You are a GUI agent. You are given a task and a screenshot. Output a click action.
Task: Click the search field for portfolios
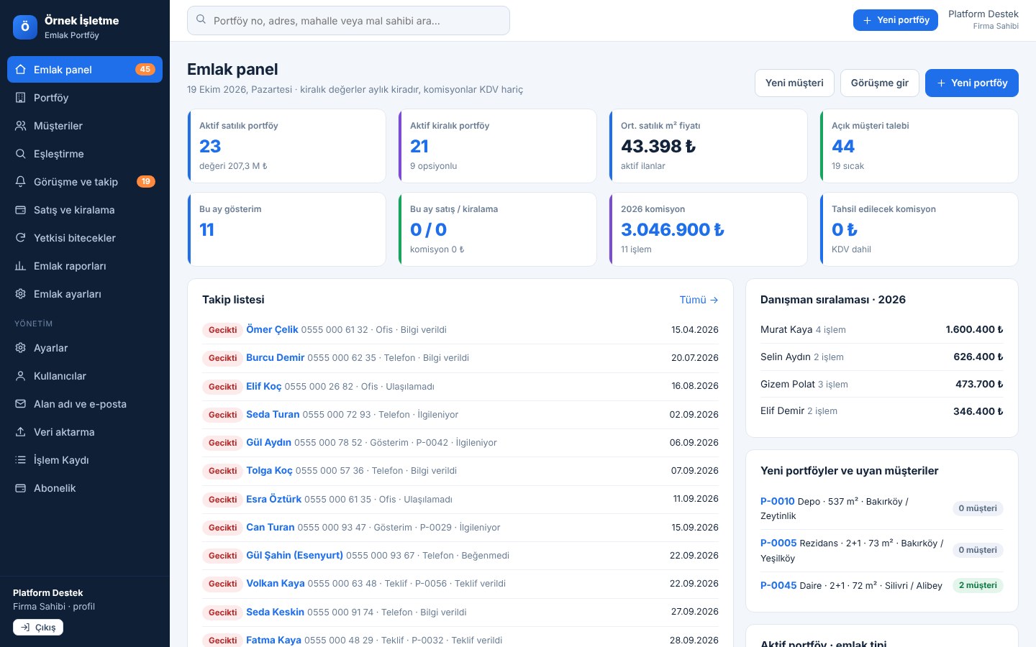[x=348, y=20]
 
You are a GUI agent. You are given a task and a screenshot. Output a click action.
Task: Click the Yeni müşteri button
[x=794, y=83]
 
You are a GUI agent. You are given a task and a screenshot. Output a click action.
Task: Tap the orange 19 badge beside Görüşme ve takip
[x=145, y=182]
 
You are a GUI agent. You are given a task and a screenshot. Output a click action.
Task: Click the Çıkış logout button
[x=38, y=627]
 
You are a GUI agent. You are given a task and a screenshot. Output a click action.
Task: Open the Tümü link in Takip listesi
[x=699, y=300]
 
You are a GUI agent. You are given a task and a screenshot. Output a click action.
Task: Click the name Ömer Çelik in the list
[x=272, y=329]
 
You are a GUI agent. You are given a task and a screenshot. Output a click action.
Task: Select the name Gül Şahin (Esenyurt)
[x=294, y=555]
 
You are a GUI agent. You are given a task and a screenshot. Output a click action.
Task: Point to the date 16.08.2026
[x=695, y=386]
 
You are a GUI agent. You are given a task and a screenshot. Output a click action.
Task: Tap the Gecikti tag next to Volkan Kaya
[x=222, y=584]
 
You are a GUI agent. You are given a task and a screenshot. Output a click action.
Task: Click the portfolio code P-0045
[x=778, y=585]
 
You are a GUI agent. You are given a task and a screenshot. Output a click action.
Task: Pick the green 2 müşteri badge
[x=978, y=585]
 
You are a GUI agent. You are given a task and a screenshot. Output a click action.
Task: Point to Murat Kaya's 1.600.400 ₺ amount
[x=974, y=329]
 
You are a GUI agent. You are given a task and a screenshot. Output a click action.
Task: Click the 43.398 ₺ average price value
[x=658, y=146]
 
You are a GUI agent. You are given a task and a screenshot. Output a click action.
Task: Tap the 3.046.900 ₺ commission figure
[x=673, y=230]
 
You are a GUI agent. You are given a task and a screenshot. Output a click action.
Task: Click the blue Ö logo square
[x=25, y=27]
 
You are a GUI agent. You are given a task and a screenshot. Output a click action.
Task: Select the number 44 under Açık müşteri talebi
[x=843, y=146]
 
